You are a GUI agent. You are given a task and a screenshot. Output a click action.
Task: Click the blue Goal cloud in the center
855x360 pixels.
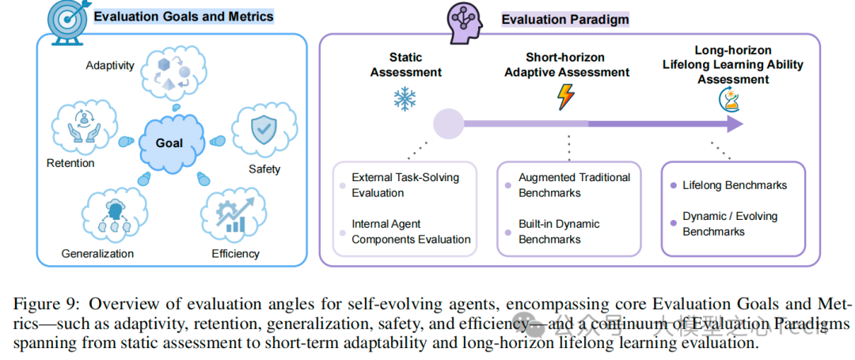click(169, 143)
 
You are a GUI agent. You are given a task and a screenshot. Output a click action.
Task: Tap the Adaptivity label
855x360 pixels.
click(110, 65)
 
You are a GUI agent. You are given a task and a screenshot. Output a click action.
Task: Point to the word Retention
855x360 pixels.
click(70, 163)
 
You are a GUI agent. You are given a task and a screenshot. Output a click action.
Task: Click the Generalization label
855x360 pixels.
click(97, 253)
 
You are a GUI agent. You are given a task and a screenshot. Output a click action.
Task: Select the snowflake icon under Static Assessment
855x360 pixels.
click(406, 98)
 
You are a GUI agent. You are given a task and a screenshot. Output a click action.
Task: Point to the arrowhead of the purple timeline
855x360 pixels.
click(734, 123)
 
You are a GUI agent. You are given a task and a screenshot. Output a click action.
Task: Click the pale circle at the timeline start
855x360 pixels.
click(448, 124)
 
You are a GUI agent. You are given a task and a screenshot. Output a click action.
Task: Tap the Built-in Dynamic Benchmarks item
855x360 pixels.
click(559, 231)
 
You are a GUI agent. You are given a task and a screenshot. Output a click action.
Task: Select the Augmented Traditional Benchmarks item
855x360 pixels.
click(574, 185)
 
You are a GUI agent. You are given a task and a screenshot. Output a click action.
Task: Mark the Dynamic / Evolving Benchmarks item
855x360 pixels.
click(729, 224)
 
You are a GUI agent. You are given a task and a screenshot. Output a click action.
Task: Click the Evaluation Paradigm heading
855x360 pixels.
click(554, 20)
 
